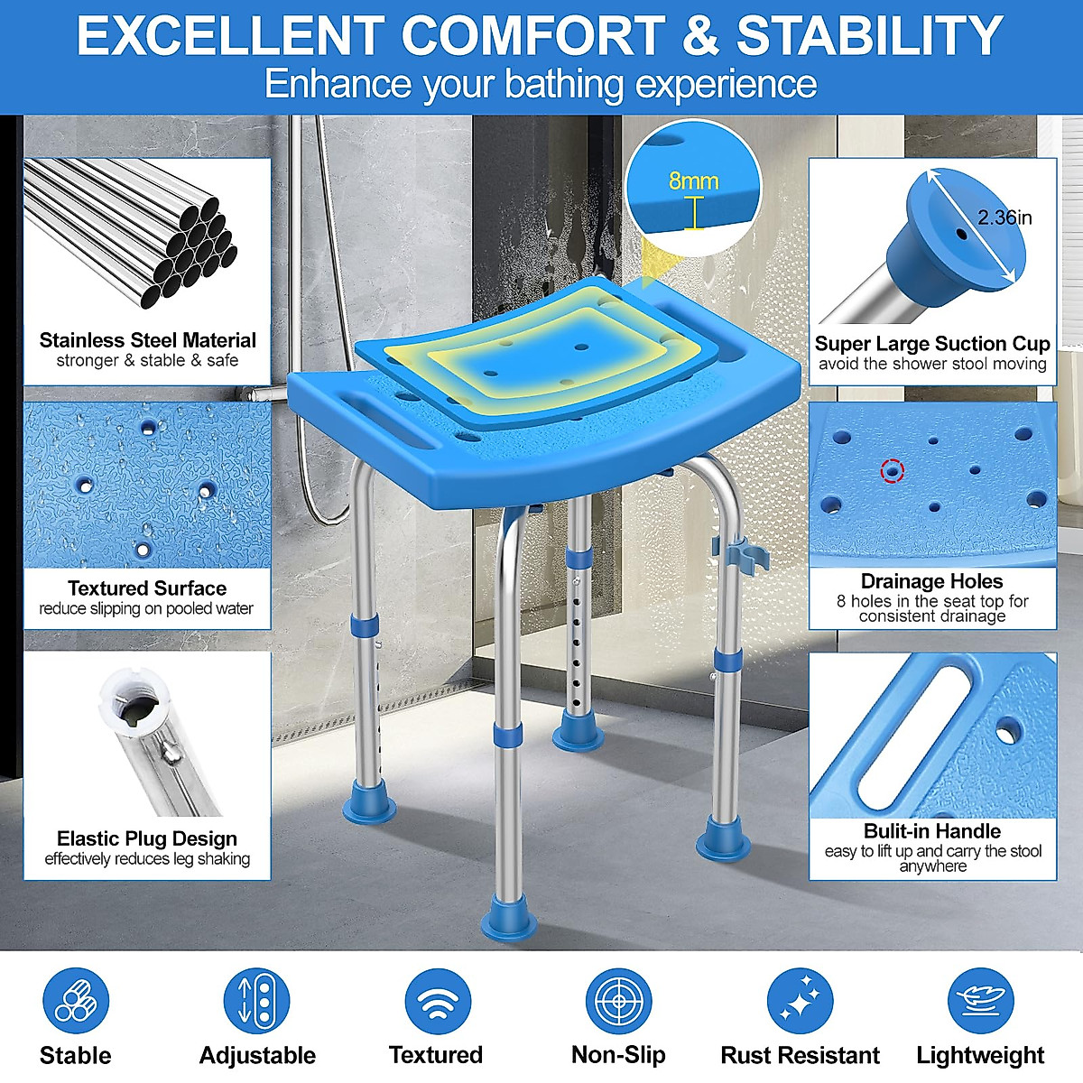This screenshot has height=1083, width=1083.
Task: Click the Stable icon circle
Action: [x=76, y=1002]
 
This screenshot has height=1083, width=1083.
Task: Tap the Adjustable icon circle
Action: [x=256, y=1002]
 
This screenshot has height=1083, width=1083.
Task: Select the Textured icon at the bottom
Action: [x=438, y=1002]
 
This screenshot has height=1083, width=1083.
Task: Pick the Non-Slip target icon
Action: [x=618, y=1002]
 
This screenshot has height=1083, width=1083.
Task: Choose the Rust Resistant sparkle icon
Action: [x=800, y=1002]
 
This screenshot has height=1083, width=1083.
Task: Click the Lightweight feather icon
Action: [x=980, y=1002]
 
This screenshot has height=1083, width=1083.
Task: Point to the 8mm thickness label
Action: [x=693, y=181]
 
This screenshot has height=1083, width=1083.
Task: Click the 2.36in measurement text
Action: [x=1004, y=218]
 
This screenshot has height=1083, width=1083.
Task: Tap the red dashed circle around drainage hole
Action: [x=893, y=470]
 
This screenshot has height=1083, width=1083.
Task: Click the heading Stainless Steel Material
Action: [x=147, y=340]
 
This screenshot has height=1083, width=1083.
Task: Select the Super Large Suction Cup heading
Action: [x=932, y=344]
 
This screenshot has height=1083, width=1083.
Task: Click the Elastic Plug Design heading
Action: [x=147, y=838]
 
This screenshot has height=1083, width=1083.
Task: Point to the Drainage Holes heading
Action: [x=932, y=581]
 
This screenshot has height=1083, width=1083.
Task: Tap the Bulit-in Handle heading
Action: [x=932, y=831]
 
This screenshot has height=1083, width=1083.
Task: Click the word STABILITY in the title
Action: [x=869, y=36]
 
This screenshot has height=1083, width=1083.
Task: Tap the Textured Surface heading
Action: [x=147, y=588]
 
